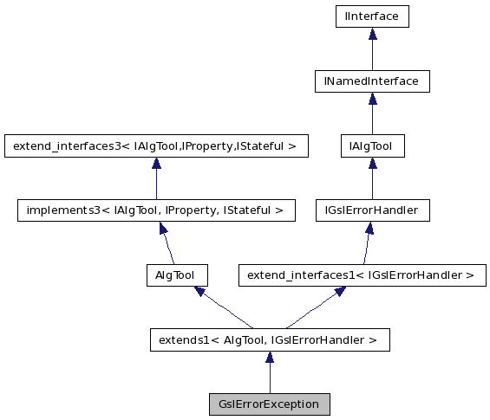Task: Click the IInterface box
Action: click(372, 16)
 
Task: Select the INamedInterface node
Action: click(372, 81)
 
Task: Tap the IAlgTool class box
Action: click(371, 146)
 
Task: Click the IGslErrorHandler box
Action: click(371, 210)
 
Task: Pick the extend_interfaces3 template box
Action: click(155, 146)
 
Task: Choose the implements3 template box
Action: click(156, 210)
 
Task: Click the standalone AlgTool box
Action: click(177, 275)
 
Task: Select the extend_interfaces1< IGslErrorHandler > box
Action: click(362, 275)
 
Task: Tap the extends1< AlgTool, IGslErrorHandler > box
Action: click(269, 340)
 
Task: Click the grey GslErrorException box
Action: click(269, 404)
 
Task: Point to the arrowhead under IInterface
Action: click(372, 34)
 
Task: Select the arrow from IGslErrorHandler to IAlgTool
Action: click(371, 178)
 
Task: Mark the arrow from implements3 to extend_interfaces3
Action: click(155, 178)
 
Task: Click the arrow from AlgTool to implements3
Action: click(167, 243)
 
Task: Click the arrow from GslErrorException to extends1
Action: click(269, 372)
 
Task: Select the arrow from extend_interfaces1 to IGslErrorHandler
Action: click(367, 243)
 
